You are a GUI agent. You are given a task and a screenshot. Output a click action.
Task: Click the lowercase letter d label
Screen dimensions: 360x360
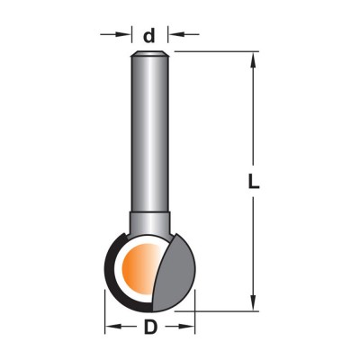click(149, 35)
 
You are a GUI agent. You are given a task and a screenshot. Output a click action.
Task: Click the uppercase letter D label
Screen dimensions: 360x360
click(150, 327)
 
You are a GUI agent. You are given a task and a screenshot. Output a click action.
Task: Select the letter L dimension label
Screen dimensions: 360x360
click(254, 181)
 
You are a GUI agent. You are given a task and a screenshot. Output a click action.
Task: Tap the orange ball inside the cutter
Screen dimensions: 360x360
click(139, 268)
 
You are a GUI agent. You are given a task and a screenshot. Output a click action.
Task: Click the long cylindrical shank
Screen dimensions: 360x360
click(150, 133)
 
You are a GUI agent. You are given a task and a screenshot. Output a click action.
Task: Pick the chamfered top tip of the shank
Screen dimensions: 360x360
click(150, 53)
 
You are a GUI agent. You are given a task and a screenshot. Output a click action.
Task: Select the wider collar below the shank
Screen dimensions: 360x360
click(150, 223)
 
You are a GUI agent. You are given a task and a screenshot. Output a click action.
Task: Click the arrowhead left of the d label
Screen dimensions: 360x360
click(124, 34)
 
